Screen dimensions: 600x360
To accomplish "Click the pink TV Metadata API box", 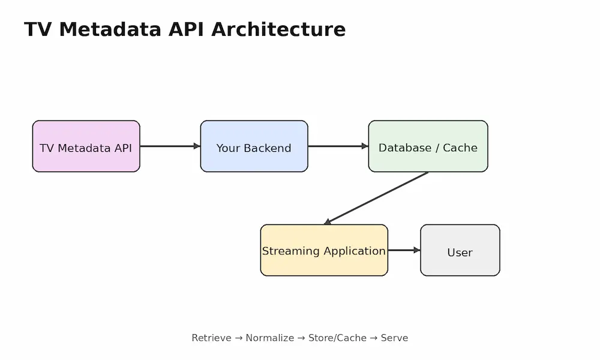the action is click(86, 146).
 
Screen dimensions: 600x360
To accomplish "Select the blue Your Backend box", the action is click(254, 146).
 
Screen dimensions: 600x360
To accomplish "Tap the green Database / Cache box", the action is click(428, 146).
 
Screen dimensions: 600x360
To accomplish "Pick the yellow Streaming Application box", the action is click(324, 250).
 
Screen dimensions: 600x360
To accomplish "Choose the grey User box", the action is click(460, 250).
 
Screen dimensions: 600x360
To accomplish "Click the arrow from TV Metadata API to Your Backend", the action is click(170, 146).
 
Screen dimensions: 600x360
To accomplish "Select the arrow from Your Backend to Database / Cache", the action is click(338, 146).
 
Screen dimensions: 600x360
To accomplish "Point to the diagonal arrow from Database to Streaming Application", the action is click(376, 198).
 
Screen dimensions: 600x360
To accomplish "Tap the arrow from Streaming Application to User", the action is click(404, 250).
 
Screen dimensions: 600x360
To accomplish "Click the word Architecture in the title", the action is click(278, 29).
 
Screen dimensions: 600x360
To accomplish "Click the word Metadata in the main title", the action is click(110, 29).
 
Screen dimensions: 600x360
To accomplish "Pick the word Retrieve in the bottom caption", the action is click(212, 338).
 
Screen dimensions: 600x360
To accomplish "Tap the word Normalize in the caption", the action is click(270, 338).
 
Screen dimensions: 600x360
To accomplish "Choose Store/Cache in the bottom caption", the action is click(337, 338).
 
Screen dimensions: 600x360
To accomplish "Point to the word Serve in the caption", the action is click(395, 338).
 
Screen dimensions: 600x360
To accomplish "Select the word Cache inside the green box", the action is click(460, 148).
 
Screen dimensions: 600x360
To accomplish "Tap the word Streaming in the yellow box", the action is click(291, 251).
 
